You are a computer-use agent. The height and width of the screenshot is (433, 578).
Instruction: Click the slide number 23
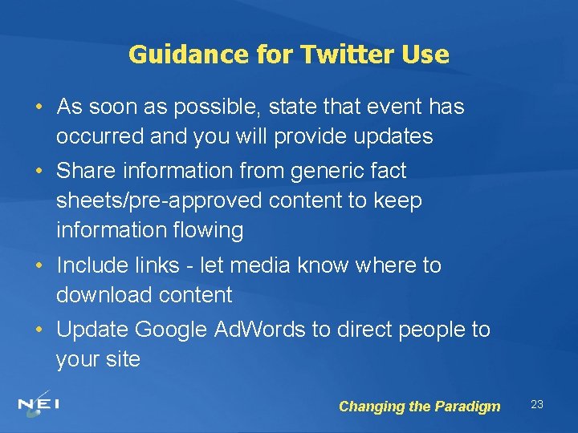point(537,404)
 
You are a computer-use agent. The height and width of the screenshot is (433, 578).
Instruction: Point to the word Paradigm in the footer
point(467,407)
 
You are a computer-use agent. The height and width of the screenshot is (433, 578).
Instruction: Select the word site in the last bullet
point(123,359)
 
